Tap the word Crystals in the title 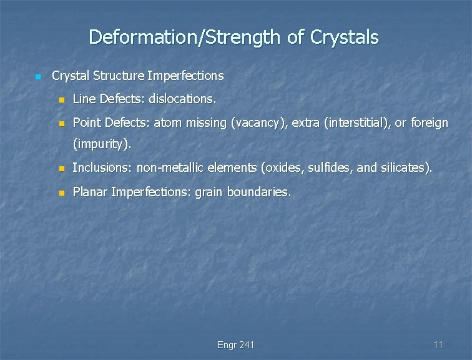pyautogui.click(x=342, y=37)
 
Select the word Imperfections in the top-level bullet pyautogui.click(x=185, y=76)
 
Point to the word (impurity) pyautogui.click(x=102, y=145)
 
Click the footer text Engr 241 pyautogui.click(x=235, y=345)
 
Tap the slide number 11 pyautogui.click(x=438, y=345)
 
